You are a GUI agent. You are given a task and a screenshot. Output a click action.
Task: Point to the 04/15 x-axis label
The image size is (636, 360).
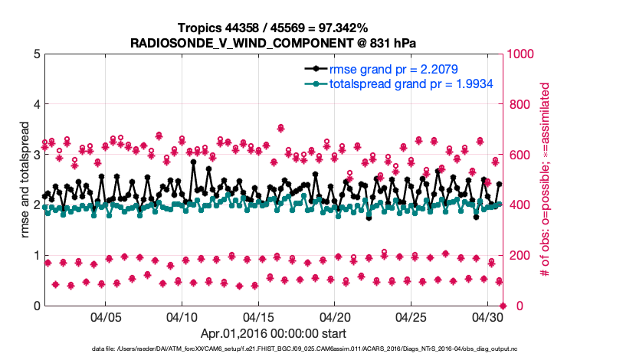click(259, 316)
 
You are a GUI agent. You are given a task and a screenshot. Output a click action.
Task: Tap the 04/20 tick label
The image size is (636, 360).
click(336, 316)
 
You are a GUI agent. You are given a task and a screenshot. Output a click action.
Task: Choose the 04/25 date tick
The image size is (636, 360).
click(412, 316)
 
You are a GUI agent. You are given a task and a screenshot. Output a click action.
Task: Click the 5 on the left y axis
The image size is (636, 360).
click(37, 54)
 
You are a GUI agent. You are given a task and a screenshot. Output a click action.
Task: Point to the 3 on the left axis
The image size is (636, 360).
click(37, 155)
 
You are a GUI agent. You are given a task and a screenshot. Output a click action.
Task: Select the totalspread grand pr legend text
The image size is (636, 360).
click(410, 83)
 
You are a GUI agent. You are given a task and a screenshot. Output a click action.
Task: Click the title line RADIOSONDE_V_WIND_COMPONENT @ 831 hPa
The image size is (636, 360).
click(274, 42)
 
